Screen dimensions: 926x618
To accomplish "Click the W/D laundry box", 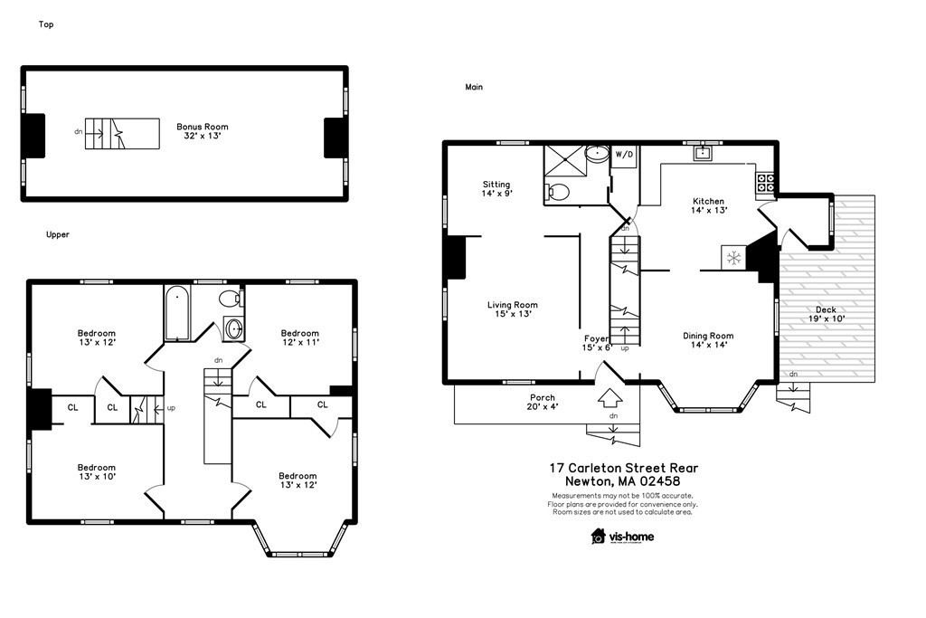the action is [624, 156].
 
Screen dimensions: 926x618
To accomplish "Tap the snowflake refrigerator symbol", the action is [733, 258].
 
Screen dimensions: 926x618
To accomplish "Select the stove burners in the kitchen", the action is [765, 183].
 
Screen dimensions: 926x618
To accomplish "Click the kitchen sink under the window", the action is [703, 154].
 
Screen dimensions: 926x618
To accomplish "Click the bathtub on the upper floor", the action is [176, 313].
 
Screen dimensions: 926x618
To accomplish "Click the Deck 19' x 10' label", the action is [827, 314].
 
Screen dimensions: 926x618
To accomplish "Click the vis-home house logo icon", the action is [599, 536].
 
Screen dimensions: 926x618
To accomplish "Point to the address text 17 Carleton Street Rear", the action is [624, 468].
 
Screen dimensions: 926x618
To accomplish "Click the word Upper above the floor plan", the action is [58, 234].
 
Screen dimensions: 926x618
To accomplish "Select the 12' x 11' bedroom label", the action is [300, 338].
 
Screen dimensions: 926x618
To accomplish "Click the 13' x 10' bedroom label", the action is [97, 471].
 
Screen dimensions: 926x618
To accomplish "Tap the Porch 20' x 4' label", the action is [543, 402].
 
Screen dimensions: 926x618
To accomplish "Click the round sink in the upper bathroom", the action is [234, 328].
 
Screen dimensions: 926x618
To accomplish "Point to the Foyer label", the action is [596, 338].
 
